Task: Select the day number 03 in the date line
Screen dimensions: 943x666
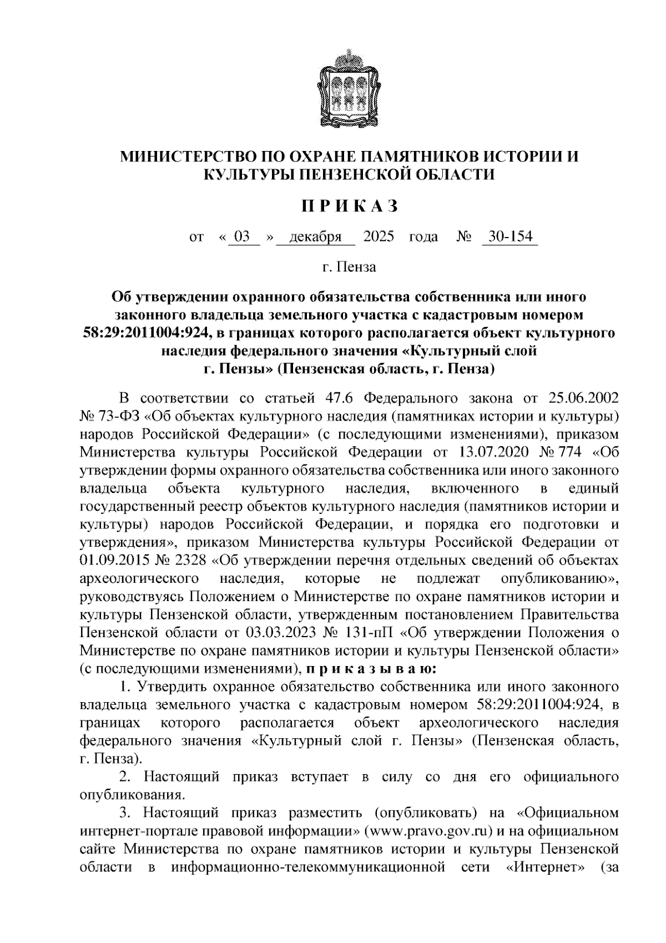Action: [242, 237]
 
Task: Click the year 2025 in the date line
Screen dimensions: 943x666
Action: [379, 237]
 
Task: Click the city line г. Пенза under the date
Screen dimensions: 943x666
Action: [349, 267]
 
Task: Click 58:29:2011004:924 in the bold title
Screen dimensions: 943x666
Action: [147, 333]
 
